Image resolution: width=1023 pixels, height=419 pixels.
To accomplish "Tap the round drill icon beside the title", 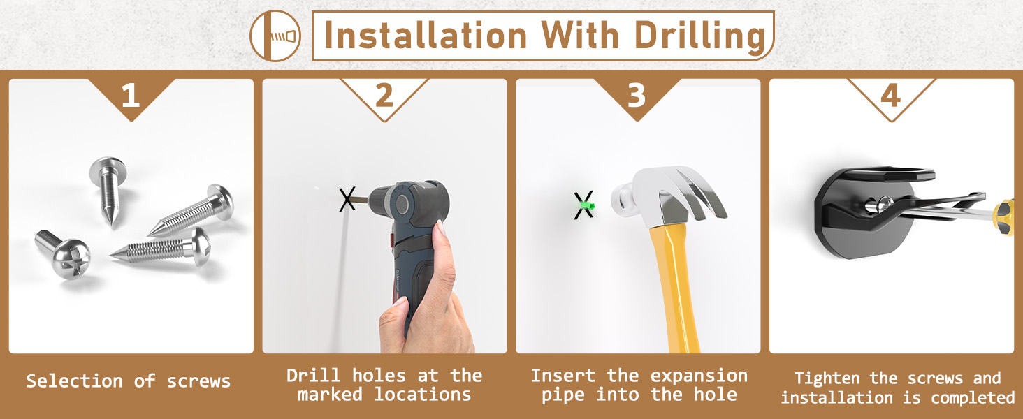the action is (x=275, y=36).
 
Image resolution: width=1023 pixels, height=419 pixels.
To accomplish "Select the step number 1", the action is (x=131, y=96).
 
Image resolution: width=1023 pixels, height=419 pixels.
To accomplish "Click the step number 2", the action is (x=384, y=96).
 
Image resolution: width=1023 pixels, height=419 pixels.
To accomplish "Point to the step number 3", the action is (x=637, y=96).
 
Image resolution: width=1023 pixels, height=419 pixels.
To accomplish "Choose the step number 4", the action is (x=890, y=96).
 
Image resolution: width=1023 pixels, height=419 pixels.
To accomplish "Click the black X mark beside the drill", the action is (x=347, y=200).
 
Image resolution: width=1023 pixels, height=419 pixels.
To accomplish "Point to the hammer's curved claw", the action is (x=703, y=192).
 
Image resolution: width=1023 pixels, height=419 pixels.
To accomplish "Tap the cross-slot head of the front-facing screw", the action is (x=71, y=259).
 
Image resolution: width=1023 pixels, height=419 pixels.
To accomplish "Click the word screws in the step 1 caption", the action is (x=198, y=381).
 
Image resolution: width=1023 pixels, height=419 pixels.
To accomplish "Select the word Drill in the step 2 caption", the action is (x=313, y=376).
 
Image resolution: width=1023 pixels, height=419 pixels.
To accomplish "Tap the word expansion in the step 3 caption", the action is (x=699, y=376).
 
